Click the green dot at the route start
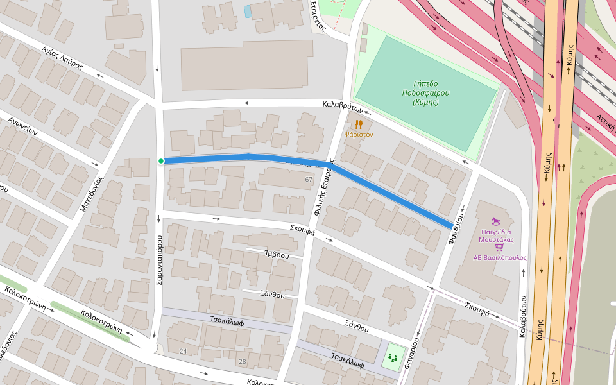tap(161, 161)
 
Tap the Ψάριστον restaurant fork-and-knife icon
tap(359, 124)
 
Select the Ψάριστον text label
tap(359, 135)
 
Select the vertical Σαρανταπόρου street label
tap(158, 260)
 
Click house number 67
tap(309, 179)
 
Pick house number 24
tap(183, 351)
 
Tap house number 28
tap(242, 361)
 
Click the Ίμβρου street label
tap(277, 255)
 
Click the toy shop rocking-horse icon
tap(495, 221)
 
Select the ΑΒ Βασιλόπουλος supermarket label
tap(500, 257)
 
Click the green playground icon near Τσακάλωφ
tap(392, 357)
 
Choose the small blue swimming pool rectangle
tap(248, 12)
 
